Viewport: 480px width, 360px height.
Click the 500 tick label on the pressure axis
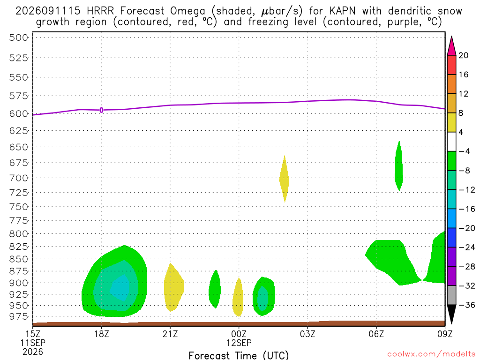19,37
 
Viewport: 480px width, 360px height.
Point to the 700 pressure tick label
19,178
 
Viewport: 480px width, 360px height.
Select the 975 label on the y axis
19,316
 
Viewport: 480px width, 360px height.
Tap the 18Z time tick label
101,334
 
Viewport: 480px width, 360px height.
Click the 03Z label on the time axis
307,334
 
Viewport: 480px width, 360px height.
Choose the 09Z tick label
445,334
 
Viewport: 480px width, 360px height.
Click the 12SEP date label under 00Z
239,343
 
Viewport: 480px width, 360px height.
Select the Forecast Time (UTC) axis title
239,355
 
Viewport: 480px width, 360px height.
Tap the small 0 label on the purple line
101,110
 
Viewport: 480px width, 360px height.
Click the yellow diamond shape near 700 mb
285,179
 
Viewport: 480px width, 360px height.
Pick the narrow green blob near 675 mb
398,166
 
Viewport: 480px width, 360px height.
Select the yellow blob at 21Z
173,288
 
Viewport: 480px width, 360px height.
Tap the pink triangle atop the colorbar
451,46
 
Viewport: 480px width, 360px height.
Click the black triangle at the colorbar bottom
451,314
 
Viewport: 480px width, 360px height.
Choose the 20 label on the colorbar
464,55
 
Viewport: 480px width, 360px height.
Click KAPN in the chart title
342,11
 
